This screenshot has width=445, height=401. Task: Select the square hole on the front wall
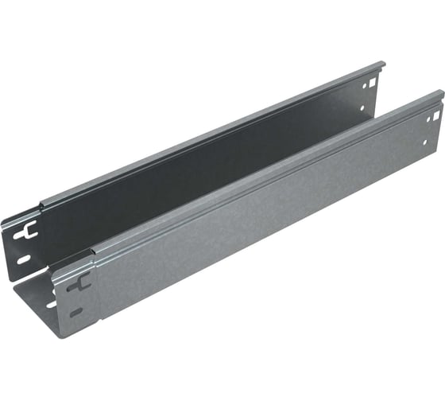click(x=428, y=118)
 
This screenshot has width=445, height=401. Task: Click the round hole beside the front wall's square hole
click(x=436, y=115)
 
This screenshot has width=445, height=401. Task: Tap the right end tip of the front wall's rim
click(x=441, y=94)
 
